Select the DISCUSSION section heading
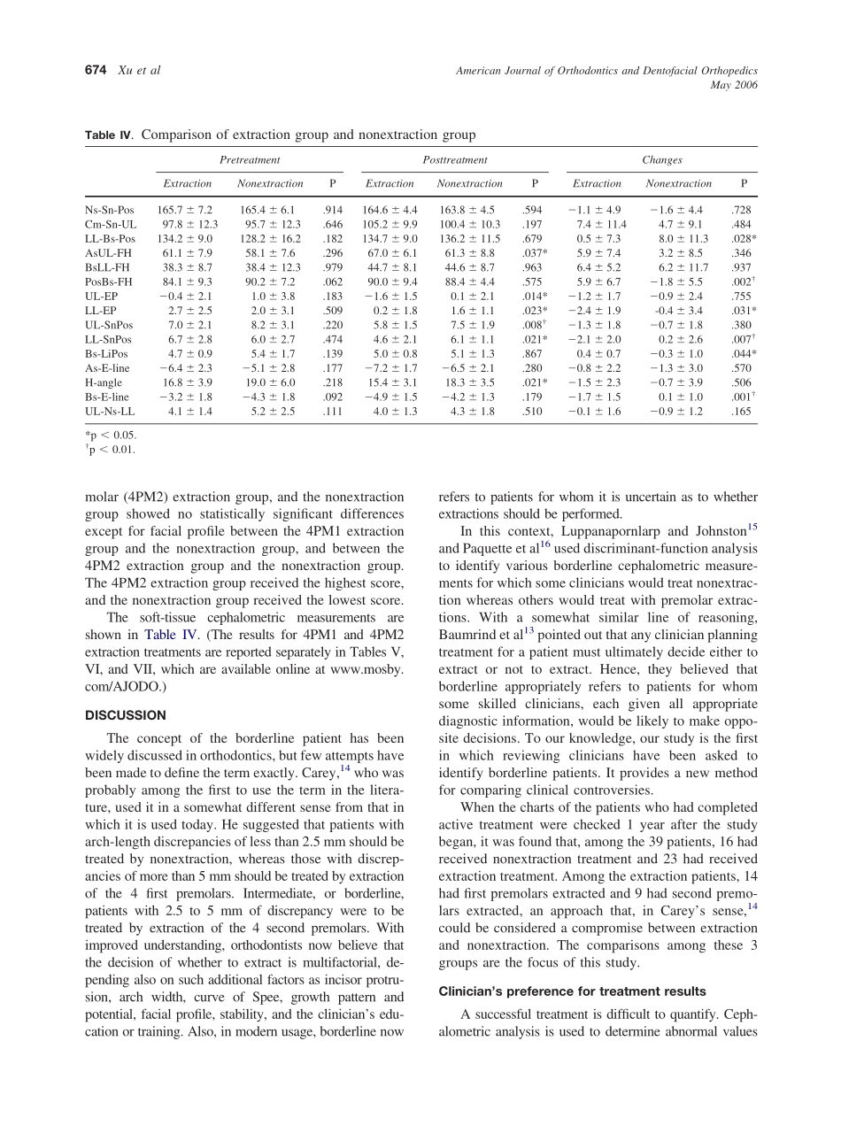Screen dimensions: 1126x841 [x=125, y=714]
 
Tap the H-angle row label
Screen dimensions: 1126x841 [x=104, y=382]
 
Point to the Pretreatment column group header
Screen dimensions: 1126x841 [x=250, y=160]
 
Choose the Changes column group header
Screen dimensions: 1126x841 [x=662, y=160]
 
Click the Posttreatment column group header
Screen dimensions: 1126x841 [x=455, y=160]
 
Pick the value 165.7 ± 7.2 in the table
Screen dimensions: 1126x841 [x=185, y=210]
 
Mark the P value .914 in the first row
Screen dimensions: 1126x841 [x=332, y=210]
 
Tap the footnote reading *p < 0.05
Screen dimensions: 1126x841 [x=111, y=435]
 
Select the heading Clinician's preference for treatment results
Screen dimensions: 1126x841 [x=572, y=991]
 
